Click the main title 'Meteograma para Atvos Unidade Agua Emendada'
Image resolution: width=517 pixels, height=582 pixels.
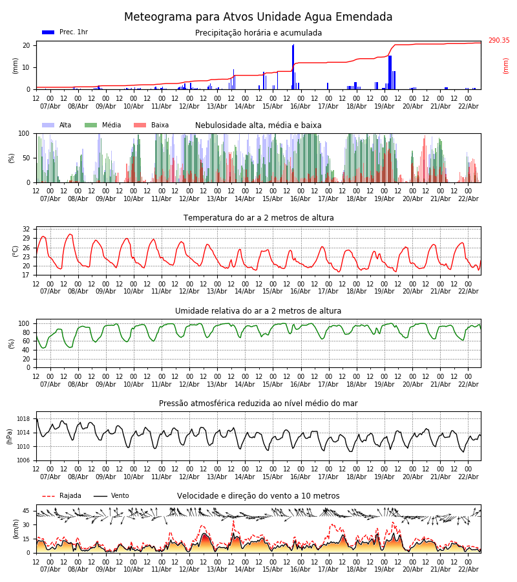258,17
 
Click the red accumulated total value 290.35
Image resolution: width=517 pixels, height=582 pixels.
498,41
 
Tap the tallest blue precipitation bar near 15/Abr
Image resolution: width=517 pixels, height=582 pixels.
293,65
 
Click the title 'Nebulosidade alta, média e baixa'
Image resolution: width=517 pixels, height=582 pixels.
258,125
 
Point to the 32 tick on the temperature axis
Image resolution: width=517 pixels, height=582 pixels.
26,230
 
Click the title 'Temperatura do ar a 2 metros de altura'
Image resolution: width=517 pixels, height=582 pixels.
258,218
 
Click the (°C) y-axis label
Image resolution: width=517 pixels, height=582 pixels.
16,250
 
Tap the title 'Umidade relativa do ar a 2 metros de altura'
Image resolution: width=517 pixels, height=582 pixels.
258,311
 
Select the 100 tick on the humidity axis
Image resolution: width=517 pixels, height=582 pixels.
24,323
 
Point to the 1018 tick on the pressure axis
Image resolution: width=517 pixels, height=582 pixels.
23,419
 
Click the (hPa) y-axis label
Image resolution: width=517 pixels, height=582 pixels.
9,435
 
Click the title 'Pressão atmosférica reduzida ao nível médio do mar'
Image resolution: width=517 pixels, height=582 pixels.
258,404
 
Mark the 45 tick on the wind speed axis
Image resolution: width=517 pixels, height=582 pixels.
26,511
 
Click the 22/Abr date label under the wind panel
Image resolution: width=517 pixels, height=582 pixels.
468,570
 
